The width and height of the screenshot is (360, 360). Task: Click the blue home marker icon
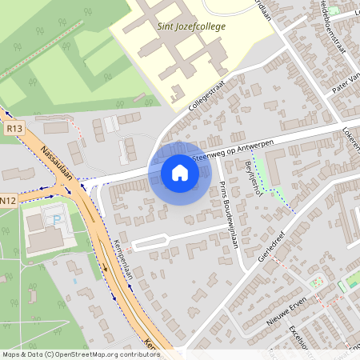179,172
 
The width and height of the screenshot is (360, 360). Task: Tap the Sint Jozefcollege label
192,26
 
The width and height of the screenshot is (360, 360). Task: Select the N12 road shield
8,199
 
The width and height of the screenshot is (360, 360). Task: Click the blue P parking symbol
56,219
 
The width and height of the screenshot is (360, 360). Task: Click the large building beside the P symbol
41,228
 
